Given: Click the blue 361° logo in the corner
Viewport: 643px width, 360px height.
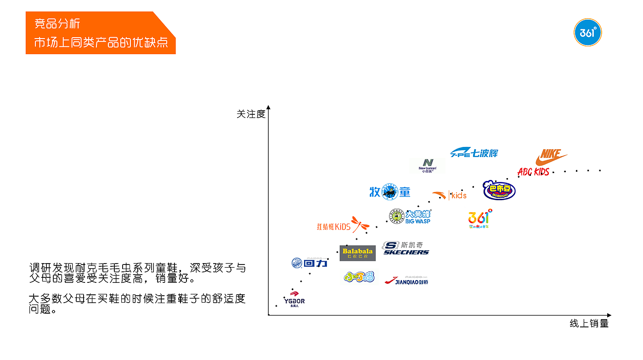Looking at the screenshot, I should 587,33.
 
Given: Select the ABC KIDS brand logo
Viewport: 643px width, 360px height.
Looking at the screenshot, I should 533,172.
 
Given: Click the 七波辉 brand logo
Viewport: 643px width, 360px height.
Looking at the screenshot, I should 474,153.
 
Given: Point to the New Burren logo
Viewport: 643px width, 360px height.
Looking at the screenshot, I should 428,165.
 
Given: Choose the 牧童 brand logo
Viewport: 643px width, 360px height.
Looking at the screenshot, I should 390,192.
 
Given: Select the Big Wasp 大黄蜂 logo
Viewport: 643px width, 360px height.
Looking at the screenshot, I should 410,216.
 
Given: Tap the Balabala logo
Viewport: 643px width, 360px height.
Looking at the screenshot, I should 357,253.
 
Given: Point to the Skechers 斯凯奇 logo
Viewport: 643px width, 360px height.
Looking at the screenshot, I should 406,248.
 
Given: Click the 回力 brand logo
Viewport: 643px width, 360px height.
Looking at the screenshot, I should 310,263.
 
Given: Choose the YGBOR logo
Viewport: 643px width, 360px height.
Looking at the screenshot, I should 294,299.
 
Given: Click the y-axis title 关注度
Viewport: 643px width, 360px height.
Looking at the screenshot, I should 251,114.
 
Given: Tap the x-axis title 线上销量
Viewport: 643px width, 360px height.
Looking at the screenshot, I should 589,324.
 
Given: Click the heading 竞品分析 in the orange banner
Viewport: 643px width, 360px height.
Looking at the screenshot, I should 58,24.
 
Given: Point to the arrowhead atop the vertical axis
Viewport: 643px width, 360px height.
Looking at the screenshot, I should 269,107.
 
